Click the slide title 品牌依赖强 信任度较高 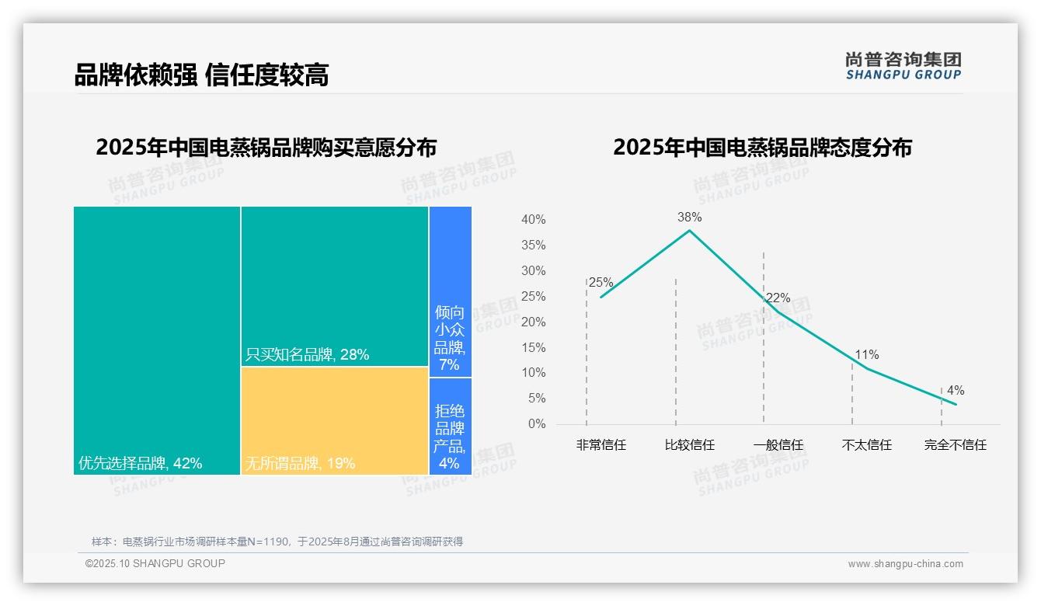pyautogui.click(x=201, y=75)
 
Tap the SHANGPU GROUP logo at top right pyautogui.click(x=903, y=66)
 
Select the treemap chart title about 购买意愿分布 pyautogui.click(x=266, y=148)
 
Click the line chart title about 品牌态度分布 pyautogui.click(x=762, y=148)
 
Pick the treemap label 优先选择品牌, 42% pyautogui.click(x=141, y=464)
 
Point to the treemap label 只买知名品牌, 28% pyautogui.click(x=307, y=355)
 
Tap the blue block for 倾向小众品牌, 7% pyautogui.click(x=450, y=291)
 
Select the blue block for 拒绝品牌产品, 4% pyautogui.click(x=450, y=426)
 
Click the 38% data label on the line pyautogui.click(x=689, y=218)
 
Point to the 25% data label pyautogui.click(x=601, y=283)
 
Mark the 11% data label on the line pyautogui.click(x=867, y=355)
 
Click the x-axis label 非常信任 pyautogui.click(x=601, y=445)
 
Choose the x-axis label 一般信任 pyautogui.click(x=778, y=445)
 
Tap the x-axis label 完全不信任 pyautogui.click(x=956, y=445)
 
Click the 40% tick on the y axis pyautogui.click(x=533, y=220)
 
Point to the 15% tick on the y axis pyautogui.click(x=533, y=347)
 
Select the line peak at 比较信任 pyautogui.click(x=689, y=231)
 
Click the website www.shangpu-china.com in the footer pyautogui.click(x=905, y=564)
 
